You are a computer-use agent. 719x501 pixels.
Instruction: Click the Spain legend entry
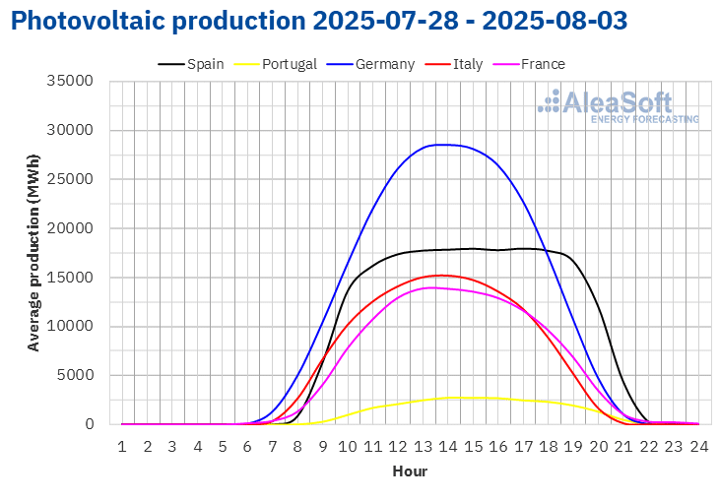pyautogui.click(x=191, y=64)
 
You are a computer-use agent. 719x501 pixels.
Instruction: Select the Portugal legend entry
pyautogui.click(x=275, y=64)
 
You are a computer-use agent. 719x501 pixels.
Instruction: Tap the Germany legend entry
pyautogui.click(x=370, y=64)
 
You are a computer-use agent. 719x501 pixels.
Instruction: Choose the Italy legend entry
pyautogui.click(x=454, y=64)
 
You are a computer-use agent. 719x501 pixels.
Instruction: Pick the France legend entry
pyautogui.click(x=529, y=64)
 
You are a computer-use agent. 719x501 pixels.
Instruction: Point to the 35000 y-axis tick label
pyautogui.click(x=70, y=81)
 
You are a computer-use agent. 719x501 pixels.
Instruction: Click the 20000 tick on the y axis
pyautogui.click(x=70, y=228)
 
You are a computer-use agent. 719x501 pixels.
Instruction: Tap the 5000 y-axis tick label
pyautogui.click(x=75, y=375)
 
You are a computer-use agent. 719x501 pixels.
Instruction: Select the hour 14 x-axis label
pyautogui.click(x=448, y=447)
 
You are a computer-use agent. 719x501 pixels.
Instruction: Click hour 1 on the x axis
pyautogui.click(x=122, y=447)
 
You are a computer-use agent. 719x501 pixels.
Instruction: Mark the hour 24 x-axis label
pyautogui.click(x=699, y=447)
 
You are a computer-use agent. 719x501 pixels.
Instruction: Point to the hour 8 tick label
pyautogui.click(x=297, y=447)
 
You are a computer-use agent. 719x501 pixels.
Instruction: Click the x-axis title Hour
pyautogui.click(x=410, y=471)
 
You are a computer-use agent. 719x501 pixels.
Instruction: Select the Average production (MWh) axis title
pyautogui.click(x=33, y=253)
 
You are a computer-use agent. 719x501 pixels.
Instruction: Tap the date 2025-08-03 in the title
pyautogui.click(x=555, y=21)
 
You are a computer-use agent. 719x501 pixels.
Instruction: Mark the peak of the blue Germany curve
pyautogui.click(x=443, y=145)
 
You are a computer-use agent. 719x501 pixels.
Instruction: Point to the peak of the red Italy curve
pyautogui.click(x=442, y=276)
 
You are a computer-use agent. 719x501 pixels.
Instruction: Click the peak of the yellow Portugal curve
pyautogui.click(x=454, y=398)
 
